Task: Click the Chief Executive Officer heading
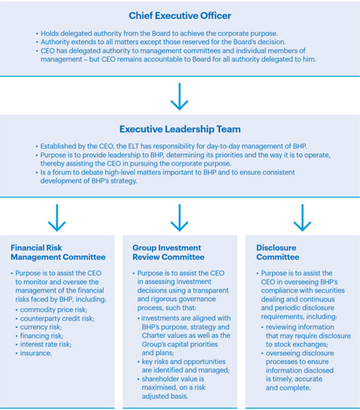click(180, 16)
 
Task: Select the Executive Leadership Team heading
click(180, 129)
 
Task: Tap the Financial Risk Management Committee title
click(58, 252)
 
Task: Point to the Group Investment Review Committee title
click(168, 252)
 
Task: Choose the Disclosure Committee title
click(278, 252)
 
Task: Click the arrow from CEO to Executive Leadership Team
click(180, 96)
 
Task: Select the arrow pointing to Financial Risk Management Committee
click(56, 218)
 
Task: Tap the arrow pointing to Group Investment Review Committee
click(180, 218)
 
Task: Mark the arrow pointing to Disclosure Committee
click(302, 218)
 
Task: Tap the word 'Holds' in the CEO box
click(49, 33)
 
